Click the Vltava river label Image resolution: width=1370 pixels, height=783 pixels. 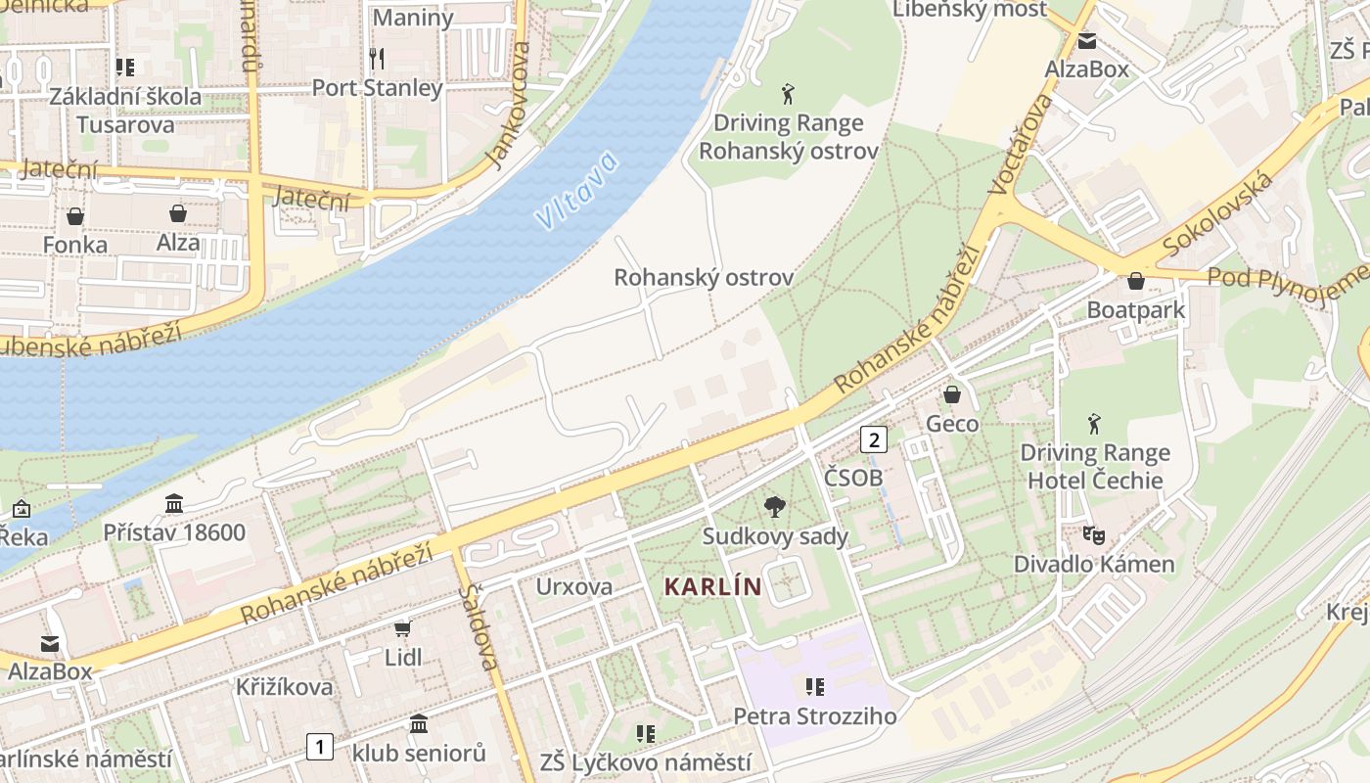[578, 190]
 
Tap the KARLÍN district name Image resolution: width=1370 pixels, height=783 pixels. [712, 586]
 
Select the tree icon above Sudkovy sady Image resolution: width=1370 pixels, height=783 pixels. [775, 507]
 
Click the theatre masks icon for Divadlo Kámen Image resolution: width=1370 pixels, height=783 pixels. [1093, 535]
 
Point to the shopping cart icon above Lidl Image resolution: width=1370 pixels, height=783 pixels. [402, 627]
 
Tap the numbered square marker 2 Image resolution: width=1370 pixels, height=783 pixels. [873, 439]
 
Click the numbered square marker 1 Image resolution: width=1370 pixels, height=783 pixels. [319, 747]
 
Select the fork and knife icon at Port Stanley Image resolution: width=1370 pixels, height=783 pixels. [377, 59]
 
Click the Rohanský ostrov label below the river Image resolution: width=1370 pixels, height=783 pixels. [703, 277]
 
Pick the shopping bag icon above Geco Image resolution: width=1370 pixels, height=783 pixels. [951, 394]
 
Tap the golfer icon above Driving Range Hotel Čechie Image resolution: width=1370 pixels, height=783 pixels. [1093, 424]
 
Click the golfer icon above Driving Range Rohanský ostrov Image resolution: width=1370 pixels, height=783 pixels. [788, 94]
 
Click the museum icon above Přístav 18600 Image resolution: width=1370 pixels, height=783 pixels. [174, 504]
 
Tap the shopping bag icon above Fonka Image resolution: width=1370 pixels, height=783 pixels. [75, 215]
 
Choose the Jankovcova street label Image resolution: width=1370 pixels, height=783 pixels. [508, 106]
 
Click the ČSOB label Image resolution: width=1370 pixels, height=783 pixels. [852, 477]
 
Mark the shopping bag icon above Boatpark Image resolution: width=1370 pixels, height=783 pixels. [1135, 281]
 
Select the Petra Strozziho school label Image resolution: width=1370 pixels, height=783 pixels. [814, 715]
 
